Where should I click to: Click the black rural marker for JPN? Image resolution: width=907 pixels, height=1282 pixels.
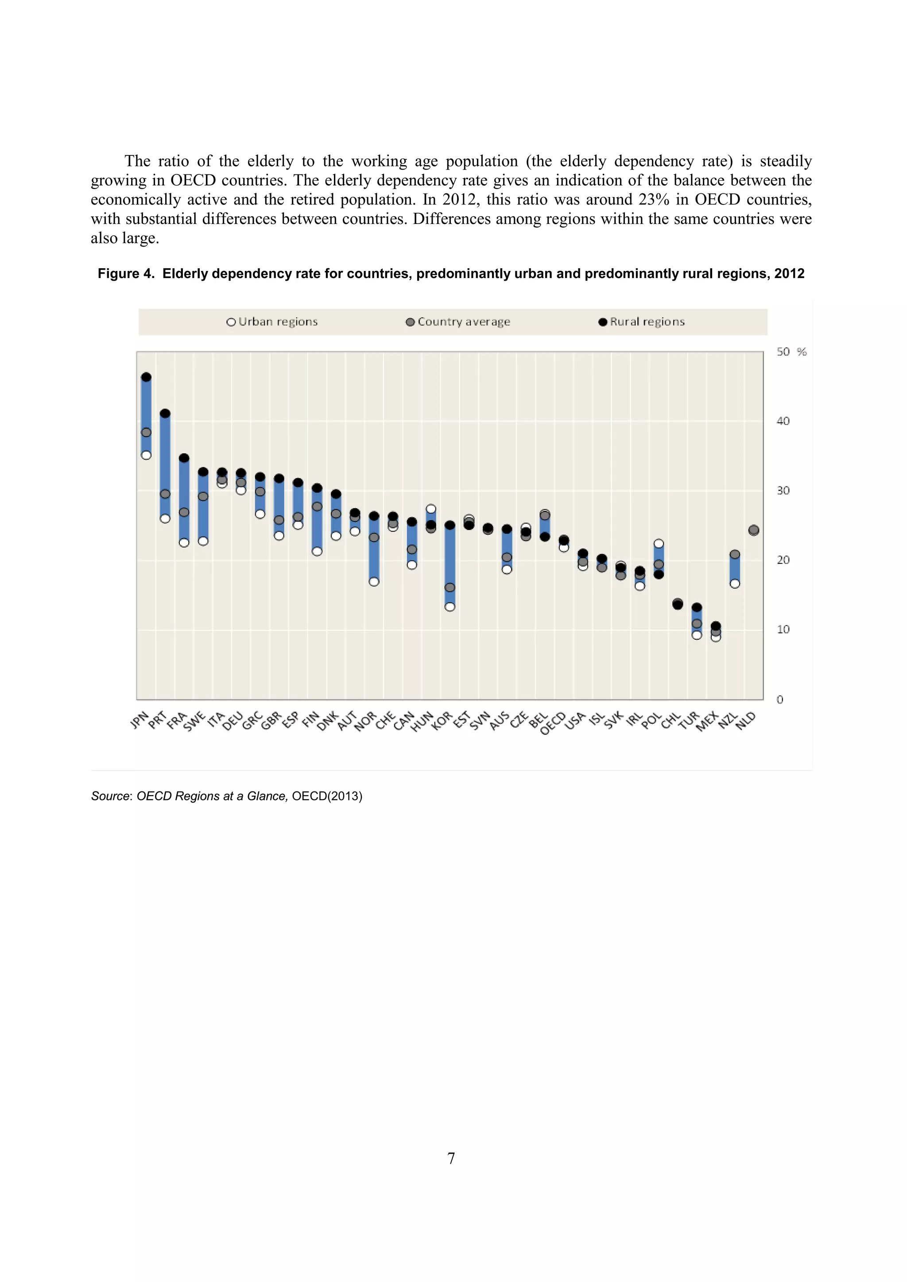click(146, 378)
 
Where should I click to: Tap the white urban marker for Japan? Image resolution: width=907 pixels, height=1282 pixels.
click(146, 455)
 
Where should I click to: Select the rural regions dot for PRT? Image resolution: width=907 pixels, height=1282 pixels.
click(165, 414)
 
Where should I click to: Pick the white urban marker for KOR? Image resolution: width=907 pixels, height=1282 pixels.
click(450, 607)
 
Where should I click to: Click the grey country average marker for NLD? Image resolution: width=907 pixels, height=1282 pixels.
click(754, 530)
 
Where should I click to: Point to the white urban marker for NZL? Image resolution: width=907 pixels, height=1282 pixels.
click(735, 583)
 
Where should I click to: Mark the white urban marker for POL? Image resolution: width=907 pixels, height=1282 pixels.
click(659, 544)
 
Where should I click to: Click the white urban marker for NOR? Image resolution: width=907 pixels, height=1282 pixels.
click(374, 582)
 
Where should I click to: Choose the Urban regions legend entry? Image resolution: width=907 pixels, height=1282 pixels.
click(272, 322)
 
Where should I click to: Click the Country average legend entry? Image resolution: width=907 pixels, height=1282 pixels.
click(458, 322)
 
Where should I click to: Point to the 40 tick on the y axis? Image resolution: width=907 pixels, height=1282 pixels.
click(783, 421)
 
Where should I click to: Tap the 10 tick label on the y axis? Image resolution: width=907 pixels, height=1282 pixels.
click(783, 630)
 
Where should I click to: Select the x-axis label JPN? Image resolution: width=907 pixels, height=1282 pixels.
click(140, 720)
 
